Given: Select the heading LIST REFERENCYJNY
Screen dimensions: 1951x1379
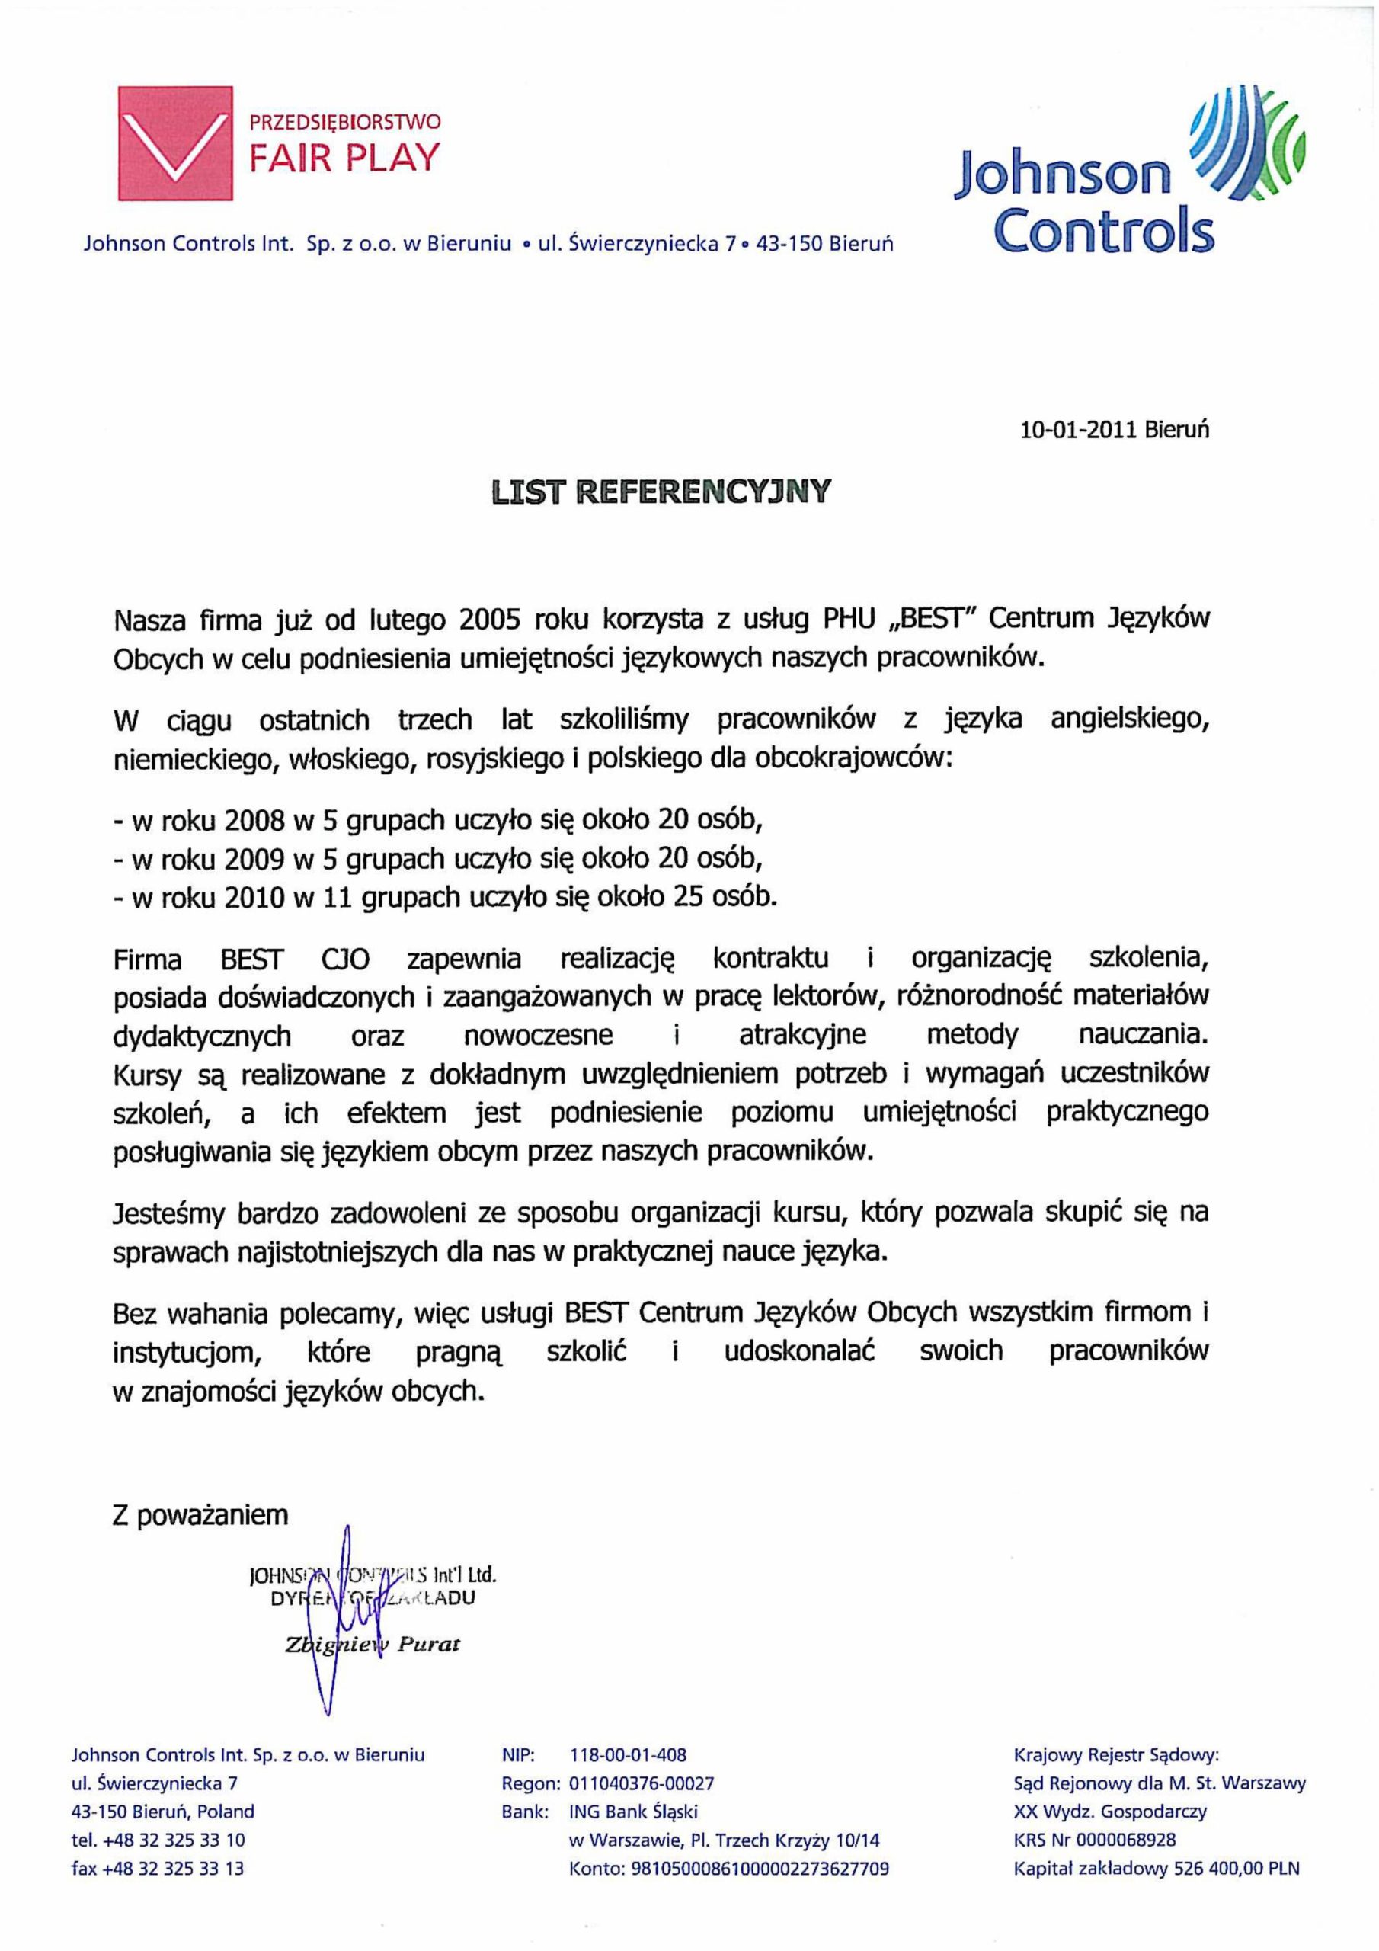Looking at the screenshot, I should [x=661, y=492].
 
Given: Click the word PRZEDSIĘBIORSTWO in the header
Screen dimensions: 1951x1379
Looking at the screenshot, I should [x=345, y=121].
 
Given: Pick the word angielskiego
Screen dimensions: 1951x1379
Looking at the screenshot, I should [x=1129, y=721].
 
